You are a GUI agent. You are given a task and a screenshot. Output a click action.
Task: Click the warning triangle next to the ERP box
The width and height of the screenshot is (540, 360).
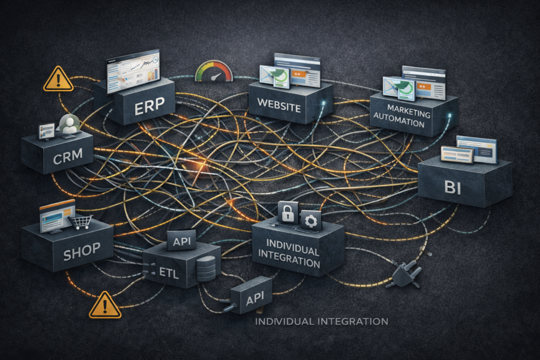58,80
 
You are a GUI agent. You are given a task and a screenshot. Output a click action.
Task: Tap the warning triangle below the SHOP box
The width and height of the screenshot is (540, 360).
105,306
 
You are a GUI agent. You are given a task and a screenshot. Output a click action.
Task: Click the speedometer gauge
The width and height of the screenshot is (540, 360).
214,72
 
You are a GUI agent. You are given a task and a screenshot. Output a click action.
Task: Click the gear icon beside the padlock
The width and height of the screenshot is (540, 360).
311,220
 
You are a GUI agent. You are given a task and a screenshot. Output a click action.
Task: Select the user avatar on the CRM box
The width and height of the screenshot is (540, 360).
69,125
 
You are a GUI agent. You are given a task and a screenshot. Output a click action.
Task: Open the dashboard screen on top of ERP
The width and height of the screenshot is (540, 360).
133,72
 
